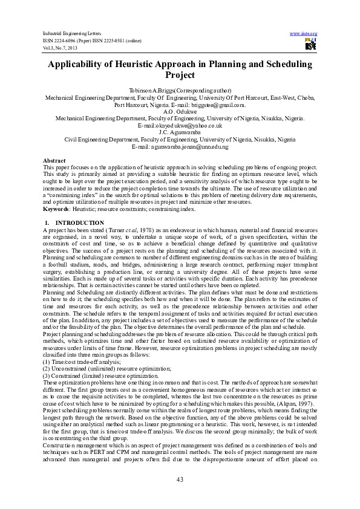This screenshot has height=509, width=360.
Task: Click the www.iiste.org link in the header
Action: coord(304,33)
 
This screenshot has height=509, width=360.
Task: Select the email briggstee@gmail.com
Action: coord(223,104)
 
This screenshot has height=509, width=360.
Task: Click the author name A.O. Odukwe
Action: coord(180,111)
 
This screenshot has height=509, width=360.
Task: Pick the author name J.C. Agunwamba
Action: coord(180,132)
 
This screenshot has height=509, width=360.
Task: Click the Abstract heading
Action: coord(54,160)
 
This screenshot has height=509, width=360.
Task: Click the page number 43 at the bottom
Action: coord(180,479)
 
